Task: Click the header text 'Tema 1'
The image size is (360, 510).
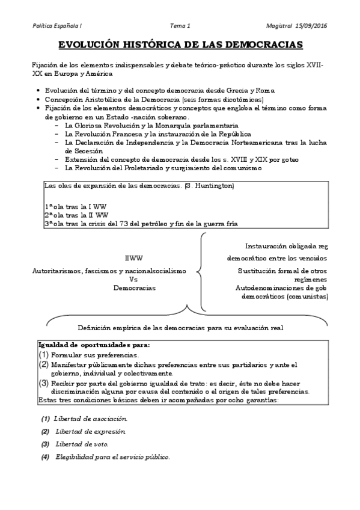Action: [x=180, y=25]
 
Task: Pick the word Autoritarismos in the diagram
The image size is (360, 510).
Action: [x=57, y=271]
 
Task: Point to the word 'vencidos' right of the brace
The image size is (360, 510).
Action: [x=312, y=258]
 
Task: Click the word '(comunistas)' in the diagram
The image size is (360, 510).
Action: [x=307, y=296]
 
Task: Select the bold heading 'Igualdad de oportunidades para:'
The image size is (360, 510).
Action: [x=94, y=345]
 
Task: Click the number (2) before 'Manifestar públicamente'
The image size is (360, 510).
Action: [x=43, y=364]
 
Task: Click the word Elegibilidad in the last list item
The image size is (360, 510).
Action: [x=75, y=457]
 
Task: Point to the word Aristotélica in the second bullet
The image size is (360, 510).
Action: [x=104, y=99]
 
